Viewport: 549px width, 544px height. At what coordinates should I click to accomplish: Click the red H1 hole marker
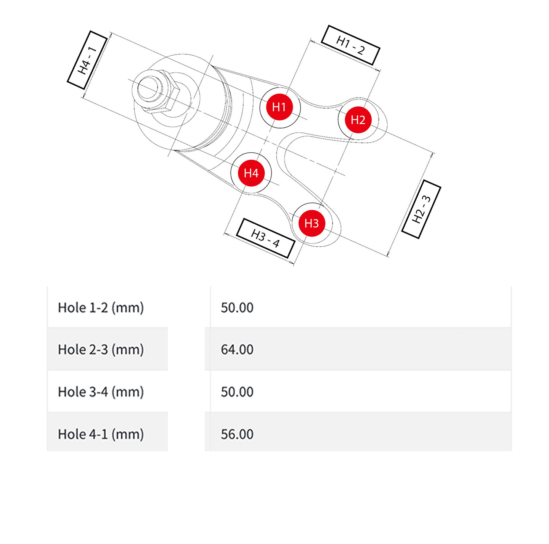coord(279,107)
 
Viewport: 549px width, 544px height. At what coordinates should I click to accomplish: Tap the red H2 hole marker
coord(358,120)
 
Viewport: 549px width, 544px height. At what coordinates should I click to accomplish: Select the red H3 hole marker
coord(311,223)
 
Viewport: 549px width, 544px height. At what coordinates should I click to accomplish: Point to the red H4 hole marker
coord(251,173)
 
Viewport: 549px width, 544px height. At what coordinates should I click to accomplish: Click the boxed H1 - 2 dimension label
coord(350,45)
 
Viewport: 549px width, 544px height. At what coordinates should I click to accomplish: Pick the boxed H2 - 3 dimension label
coord(421,209)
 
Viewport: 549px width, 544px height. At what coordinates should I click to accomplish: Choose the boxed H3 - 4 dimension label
coord(265,238)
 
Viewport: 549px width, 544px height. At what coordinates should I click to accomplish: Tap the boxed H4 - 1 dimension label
coord(87,60)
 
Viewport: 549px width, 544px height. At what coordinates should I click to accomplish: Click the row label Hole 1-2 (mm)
coord(101,307)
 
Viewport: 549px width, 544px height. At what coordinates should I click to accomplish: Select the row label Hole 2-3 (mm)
coord(101,349)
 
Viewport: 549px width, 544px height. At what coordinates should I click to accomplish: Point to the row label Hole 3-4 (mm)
coord(101,392)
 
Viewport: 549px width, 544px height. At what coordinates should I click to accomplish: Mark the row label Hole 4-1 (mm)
coord(101,434)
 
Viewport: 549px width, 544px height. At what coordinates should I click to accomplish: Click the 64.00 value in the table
coord(237,349)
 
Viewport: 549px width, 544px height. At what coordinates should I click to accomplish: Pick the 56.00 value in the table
coord(237,434)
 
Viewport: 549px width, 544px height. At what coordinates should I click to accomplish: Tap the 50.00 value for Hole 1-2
coord(237,307)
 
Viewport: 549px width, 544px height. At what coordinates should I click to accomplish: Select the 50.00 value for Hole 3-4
coord(237,392)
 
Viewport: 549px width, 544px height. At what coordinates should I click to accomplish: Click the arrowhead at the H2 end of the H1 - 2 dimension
coord(378,70)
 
